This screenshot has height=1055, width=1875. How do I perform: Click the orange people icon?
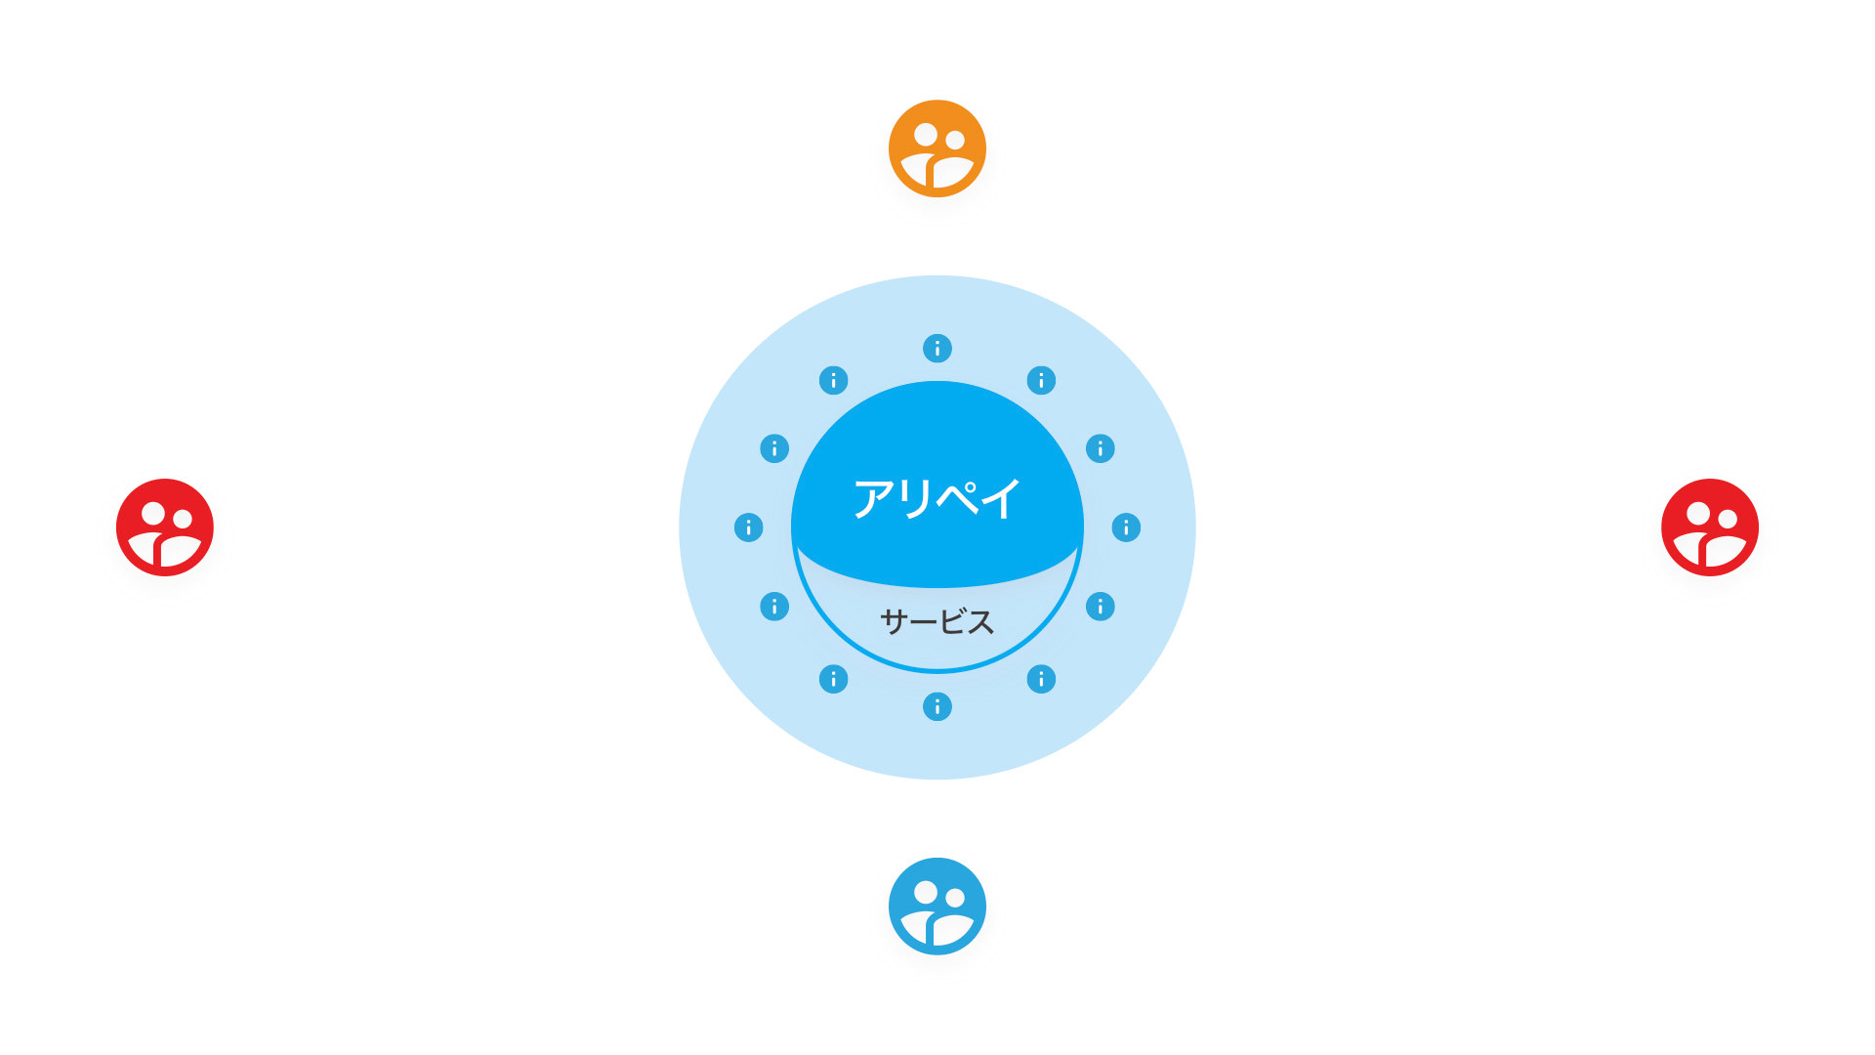(937, 148)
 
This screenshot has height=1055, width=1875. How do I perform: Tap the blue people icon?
(937, 907)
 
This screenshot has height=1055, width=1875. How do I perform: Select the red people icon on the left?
(165, 527)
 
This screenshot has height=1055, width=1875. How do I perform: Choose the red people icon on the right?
(1710, 527)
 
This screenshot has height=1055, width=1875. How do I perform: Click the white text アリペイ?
(937, 498)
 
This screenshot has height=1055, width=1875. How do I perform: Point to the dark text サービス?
(937, 621)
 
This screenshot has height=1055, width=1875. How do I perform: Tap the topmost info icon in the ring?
(937, 348)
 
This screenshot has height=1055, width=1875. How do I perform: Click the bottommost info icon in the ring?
(937, 706)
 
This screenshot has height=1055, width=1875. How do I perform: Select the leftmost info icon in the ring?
(749, 527)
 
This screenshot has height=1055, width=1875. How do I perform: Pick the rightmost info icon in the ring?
(1126, 527)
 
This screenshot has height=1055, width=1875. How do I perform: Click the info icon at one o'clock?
(1041, 380)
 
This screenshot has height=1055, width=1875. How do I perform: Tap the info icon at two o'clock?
(1101, 448)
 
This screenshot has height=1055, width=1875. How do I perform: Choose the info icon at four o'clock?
(1101, 607)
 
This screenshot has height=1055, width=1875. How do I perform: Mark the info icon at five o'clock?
(1041, 679)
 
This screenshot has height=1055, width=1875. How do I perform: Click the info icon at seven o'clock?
(833, 679)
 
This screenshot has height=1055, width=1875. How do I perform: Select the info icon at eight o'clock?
(774, 607)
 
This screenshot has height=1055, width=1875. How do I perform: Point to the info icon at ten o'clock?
(774, 448)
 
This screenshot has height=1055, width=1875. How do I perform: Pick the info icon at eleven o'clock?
(833, 380)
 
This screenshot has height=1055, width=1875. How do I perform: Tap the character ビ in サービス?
(952, 621)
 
